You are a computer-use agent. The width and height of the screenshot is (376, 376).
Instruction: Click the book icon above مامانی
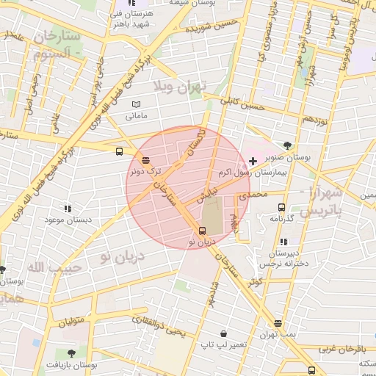click(137, 105)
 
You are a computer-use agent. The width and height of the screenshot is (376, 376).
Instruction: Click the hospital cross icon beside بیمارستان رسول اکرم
click(253, 160)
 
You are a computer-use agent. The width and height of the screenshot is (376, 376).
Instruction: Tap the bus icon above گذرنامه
click(281, 207)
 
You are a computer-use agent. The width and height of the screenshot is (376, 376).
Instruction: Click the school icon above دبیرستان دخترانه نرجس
click(283, 242)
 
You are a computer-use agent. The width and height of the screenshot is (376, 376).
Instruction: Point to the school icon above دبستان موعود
click(68, 209)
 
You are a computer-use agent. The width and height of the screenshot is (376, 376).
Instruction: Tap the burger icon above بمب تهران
click(278, 323)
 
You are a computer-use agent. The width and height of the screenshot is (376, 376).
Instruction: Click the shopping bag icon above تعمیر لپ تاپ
click(223, 333)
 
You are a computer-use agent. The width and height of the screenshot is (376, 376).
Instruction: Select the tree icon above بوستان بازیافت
click(71, 353)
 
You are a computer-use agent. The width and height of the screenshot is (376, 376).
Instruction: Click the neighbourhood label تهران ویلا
click(181, 86)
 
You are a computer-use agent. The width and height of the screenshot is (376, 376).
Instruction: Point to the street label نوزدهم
click(315, 118)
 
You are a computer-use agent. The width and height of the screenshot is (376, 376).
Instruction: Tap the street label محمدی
click(254, 196)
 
